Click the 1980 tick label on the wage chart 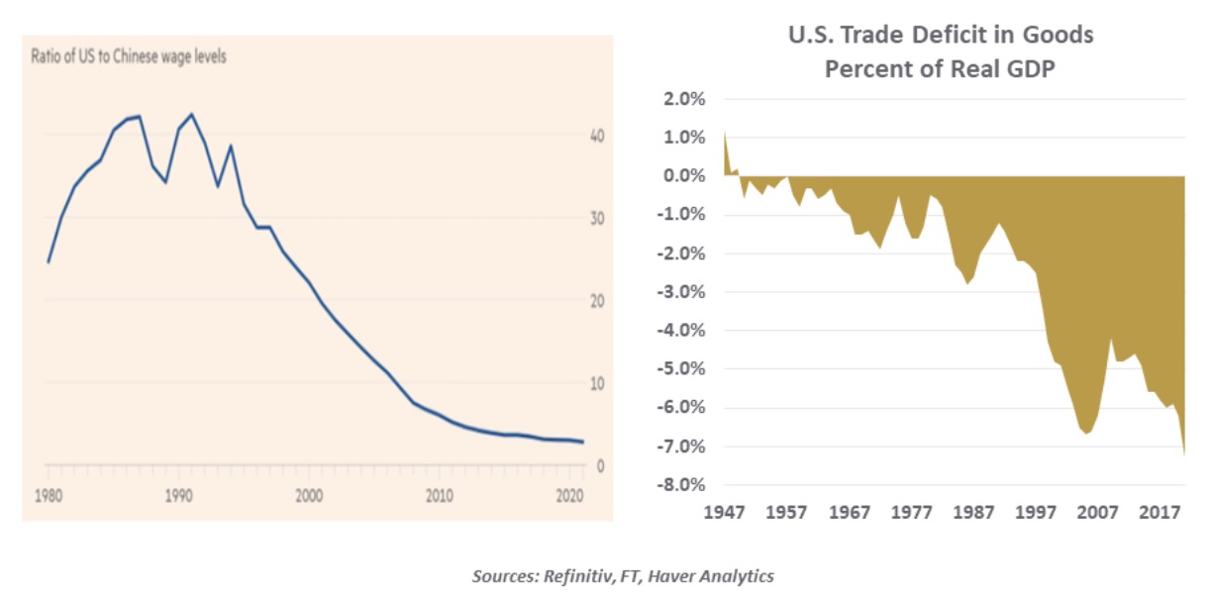[48, 494]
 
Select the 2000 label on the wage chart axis [309, 494]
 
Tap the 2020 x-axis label [569, 494]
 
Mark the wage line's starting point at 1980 [49, 262]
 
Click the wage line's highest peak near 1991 [191, 114]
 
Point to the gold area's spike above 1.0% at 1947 [725, 134]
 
